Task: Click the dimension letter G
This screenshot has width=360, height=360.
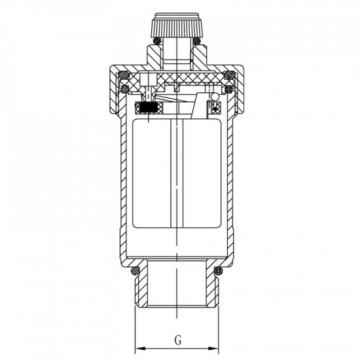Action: pyautogui.click(x=178, y=340)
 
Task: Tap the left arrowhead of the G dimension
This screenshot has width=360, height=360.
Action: pyautogui.click(x=140, y=348)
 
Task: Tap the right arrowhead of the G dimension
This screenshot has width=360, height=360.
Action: pyautogui.click(x=213, y=348)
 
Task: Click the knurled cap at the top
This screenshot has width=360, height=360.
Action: pyautogui.click(x=177, y=26)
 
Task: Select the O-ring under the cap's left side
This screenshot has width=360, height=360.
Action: pyautogui.click(x=158, y=41)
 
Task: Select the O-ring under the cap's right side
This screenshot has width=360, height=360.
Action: pyautogui.click(x=196, y=41)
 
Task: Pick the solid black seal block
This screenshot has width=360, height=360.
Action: pyautogui.click(x=149, y=108)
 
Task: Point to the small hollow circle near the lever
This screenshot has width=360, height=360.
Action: pyautogui.click(x=215, y=97)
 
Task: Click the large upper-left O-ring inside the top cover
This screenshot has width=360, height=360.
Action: pyautogui.click(x=124, y=75)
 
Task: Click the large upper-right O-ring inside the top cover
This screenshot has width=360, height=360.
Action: pyautogui.click(x=229, y=75)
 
